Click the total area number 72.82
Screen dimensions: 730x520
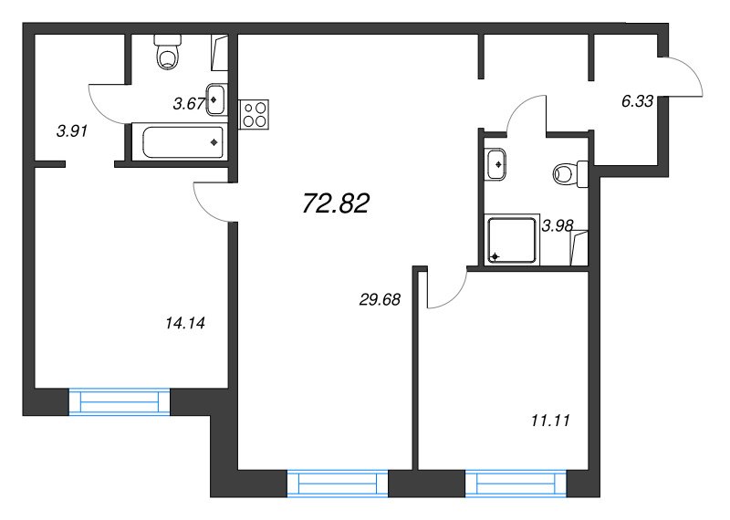coord(336,203)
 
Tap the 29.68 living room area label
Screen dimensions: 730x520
coord(380,299)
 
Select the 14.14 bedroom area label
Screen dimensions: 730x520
coord(185,323)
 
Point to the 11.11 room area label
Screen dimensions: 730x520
coord(550,421)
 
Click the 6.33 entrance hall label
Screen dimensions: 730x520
coord(637,101)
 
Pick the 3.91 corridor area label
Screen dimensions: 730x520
coord(72,131)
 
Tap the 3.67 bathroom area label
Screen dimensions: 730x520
coord(189,104)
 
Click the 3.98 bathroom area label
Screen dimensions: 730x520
coord(558,225)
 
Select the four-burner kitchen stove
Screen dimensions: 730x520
coord(255,114)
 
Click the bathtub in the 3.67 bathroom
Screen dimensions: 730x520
coord(180,142)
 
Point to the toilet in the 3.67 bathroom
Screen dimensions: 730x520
coord(168,52)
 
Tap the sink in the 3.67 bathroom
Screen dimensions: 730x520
coord(216,99)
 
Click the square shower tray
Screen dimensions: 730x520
coord(512,240)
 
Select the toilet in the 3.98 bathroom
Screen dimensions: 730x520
coord(570,174)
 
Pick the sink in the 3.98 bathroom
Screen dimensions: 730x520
coord(495,164)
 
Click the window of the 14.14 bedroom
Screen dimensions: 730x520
coord(120,401)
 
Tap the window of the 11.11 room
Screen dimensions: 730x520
coord(516,484)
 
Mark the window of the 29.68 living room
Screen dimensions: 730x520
coord(338,484)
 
